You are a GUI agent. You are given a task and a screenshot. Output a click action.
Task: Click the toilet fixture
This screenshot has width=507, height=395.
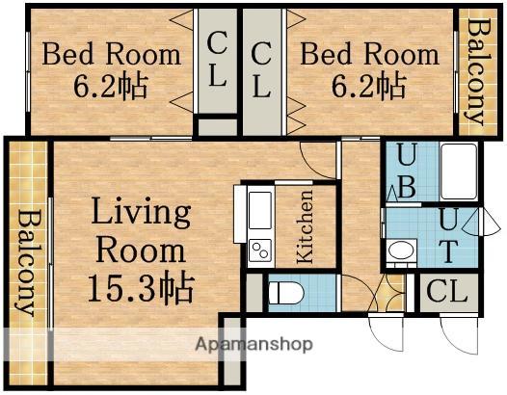click(x=286, y=293)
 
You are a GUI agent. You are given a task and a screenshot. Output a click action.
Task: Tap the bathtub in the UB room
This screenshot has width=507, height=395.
click(x=459, y=171)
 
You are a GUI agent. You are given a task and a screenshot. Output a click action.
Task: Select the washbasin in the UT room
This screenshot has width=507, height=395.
click(x=401, y=250)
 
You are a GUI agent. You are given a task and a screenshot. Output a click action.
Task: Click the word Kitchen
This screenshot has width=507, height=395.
click(x=305, y=226)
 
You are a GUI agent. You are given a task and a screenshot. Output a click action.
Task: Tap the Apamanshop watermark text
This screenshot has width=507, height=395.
click(x=253, y=344)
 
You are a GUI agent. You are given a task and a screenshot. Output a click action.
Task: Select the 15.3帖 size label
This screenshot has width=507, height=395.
click(x=141, y=287)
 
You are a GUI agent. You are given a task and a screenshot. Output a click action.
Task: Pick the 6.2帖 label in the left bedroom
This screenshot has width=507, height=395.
click(x=111, y=86)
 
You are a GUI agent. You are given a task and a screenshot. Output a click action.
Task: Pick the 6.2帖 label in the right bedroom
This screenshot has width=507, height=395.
click(x=368, y=86)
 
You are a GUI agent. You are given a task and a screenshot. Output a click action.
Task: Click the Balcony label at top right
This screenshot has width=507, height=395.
click(x=478, y=71)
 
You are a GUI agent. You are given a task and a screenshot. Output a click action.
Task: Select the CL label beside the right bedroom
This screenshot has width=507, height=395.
click(x=261, y=70)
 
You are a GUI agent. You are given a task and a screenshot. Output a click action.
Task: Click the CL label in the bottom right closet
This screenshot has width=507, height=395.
click(x=447, y=292)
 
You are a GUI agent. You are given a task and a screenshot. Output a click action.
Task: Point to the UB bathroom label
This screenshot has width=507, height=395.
click(x=406, y=171)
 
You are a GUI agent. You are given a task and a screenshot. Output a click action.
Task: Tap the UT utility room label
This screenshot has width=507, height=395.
click(x=449, y=236)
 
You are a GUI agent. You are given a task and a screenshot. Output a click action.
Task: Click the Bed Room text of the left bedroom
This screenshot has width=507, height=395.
click(x=111, y=54)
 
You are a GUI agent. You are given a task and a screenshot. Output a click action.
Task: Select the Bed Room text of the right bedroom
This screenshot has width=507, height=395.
click(x=370, y=54)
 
